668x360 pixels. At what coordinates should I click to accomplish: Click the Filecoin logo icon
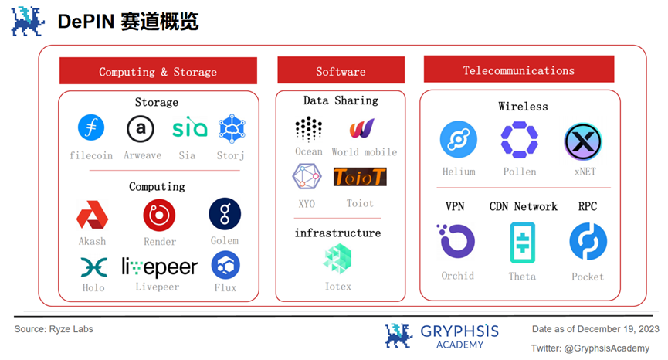(x=91, y=128)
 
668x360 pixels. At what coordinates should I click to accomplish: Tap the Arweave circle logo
(x=141, y=128)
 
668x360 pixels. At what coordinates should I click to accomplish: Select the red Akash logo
(x=92, y=215)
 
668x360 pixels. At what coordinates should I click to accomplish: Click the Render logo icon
(x=159, y=215)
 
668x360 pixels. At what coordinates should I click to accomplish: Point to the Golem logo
(x=225, y=214)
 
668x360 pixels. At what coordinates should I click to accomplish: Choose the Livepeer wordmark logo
(x=160, y=267)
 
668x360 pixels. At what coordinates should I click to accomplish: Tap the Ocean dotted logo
(x=309, y=128)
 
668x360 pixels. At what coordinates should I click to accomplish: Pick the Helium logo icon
(x=459, y=141)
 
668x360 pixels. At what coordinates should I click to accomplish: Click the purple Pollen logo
(x=519, y=141)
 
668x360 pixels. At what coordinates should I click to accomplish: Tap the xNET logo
(x=583, y=141)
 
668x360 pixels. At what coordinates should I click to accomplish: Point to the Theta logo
(x=522, y=242)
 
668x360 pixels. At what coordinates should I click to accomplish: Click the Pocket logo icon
(x=588, y=241)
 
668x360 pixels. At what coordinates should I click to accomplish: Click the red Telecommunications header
(x=518, y=70)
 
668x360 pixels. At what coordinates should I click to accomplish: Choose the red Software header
(x=341, y=71)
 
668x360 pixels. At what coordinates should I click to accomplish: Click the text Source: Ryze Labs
(x=54, y=330)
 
